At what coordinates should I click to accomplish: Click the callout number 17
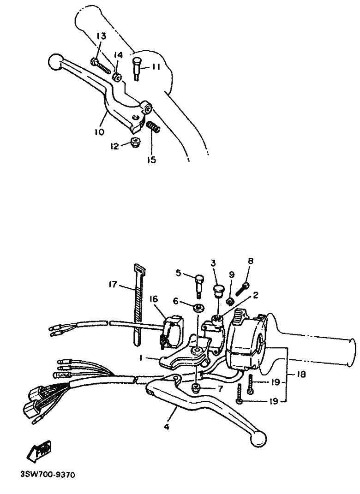[x=113, y=285]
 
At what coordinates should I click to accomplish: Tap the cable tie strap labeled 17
[x=138, y=306]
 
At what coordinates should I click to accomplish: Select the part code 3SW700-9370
[x=48, y=475]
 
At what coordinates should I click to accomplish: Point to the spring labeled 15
[x=154, y=127]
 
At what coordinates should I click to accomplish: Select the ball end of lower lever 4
[x=258, y=438]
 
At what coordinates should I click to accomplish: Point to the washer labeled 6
[x=198, y=307]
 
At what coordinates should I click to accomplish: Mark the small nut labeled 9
[x=231, y=302]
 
